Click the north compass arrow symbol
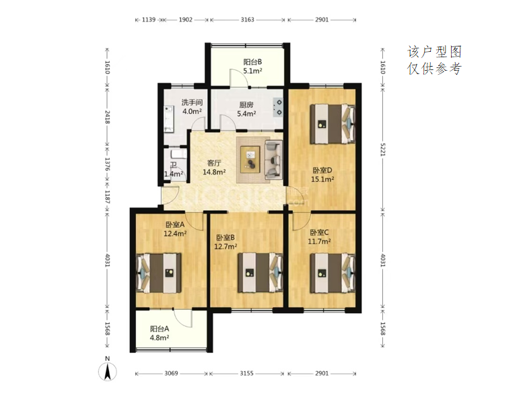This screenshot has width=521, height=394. tap(107, 371)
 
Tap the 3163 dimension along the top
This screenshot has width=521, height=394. tap(248, 20)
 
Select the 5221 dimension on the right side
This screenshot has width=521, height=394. tap(383, 150)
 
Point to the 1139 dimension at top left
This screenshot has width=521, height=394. tap(149, 20)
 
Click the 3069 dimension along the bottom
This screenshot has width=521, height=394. tap(171, 373)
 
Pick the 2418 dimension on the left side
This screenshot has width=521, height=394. tap(107, 117)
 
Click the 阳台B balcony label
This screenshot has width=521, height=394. tap(252, 62)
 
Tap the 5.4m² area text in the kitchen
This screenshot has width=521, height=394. tap(246, 114)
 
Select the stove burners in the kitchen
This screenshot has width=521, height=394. tap(278, 107)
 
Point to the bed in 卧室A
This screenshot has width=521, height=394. tap(159, 273)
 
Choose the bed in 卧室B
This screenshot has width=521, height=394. tap(260, 273)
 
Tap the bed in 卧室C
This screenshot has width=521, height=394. tap(333, 273)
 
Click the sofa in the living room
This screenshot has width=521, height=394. tap(273, 158)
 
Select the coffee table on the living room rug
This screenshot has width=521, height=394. tap(250, 159)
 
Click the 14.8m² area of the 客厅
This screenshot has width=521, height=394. tap(214, 172)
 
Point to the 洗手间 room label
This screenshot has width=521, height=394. tap(192, 102)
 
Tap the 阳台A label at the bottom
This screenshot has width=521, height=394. tap(160, 329)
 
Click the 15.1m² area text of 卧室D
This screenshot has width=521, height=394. tap(322, 180)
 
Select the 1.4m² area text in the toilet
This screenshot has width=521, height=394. tap(174, 174)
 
